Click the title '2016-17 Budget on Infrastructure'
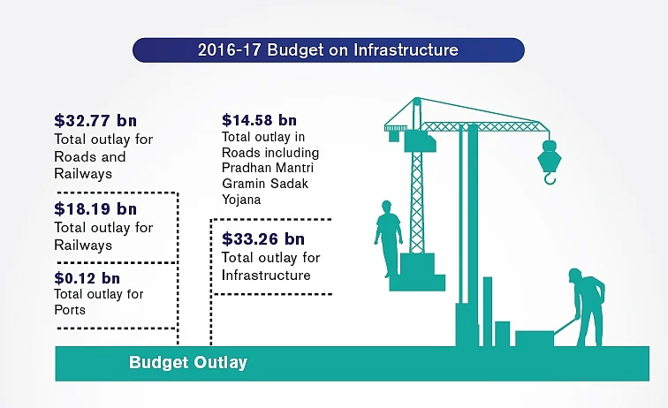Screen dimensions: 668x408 click(x=328, y=49)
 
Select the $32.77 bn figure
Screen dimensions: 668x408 click(x=95, y=120)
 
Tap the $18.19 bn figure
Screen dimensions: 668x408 click(x=95, y=209)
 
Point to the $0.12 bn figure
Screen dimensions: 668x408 click(x=87, y=278)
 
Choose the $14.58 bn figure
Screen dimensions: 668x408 click(x=259, y=120)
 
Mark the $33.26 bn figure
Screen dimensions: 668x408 click(x=263, y=239)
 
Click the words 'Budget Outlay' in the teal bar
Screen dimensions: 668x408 click(x=188, y=362)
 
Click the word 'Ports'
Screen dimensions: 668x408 click(x=70, y=310)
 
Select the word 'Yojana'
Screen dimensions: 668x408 click(x=241, y=200)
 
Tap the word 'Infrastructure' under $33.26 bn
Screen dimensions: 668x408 click(x=266, y=276)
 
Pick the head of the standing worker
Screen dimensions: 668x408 click(x=386, y=207)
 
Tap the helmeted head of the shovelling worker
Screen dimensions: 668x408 click(x=574, y=275)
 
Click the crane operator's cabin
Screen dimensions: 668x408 click(x=420, y=142)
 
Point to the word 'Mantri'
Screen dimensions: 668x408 click(x=296, y=168)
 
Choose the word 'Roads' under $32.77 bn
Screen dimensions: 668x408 click(x=90, y=156)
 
